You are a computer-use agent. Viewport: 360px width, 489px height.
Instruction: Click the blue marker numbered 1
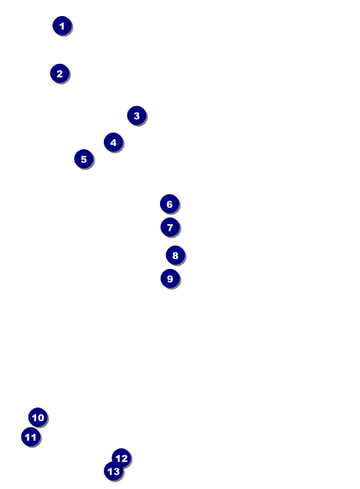pos(62,25)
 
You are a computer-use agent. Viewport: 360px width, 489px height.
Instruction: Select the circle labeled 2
pos(59,73)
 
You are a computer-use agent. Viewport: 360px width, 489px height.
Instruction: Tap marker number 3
pos(137,115)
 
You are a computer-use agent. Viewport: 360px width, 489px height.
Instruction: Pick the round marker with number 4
pos(113,142)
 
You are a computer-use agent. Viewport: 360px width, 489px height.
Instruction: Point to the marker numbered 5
pos(84,158)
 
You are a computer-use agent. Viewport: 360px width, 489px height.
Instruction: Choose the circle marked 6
pos(169,204)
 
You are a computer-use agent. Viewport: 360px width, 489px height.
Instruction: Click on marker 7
pos(170,227)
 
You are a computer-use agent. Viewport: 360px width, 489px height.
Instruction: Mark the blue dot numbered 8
pos(175,255)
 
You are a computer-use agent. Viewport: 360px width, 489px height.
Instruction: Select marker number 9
pos(170,278)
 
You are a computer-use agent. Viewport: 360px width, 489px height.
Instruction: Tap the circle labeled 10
pos(38,417)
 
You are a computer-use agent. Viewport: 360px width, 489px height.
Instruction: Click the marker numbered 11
pos(31,437)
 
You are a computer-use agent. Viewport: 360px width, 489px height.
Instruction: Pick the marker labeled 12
pos(122,457)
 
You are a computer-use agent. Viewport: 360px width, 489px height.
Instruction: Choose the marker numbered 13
pos(114,471)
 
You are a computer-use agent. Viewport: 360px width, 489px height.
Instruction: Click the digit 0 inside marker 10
pos(41,417)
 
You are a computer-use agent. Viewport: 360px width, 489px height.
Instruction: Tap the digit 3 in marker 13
pos(116,471)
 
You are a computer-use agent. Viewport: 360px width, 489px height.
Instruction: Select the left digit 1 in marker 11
pos(27,437)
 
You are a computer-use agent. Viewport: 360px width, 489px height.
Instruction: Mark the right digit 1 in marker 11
pos(33,437)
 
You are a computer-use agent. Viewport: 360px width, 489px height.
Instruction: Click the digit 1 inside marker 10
pos(35,417)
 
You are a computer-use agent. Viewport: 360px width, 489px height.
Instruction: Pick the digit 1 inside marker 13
pos(110,471)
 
